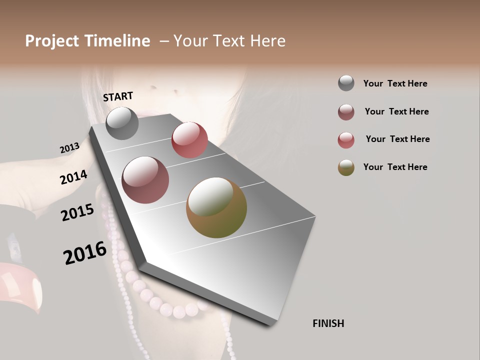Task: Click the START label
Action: click(118, 96)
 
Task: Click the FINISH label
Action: click(328, 323)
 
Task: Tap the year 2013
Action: click(69, 148)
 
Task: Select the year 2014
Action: click(73, 177)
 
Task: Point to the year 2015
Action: click(77, 212)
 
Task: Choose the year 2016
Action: click(85, 253)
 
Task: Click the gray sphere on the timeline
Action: click(122, 123)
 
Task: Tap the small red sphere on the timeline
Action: click(189, 140)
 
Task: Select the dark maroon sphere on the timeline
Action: click(145, 180)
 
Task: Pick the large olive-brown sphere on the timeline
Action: click(216, 207)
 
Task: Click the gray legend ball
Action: click(346, 83)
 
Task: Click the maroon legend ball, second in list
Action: click(346, 112)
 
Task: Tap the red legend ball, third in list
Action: click(346, 140)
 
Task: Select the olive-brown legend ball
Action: click(346, 167)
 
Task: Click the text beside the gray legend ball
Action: click(395, 83)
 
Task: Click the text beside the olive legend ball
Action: click(395, 167)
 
